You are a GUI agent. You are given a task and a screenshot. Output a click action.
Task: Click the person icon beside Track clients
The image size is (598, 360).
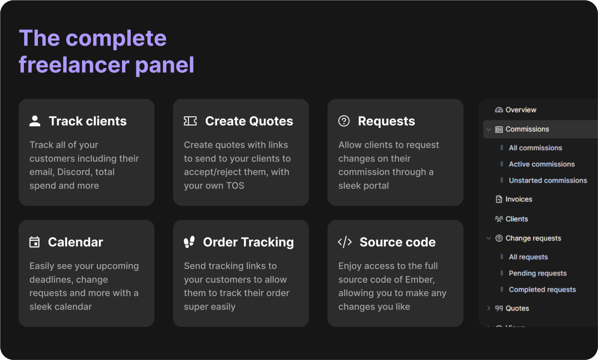click(35, 121)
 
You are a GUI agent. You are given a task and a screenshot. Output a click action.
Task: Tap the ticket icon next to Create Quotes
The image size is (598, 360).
click(190, 121)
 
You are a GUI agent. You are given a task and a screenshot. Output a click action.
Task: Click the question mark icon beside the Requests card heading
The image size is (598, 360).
click(344, 121)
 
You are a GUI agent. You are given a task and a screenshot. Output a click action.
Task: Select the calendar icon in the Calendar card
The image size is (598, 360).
click(35, 242)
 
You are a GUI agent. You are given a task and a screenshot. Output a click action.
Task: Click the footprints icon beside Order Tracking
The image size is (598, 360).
click(189, 242)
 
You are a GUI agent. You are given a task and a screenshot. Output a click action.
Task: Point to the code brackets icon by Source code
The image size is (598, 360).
click(345, 242)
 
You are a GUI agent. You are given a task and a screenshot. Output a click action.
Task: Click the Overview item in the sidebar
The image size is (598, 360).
click(520, 110)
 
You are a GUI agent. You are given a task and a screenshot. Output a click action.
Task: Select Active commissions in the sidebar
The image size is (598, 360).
click(542, 164)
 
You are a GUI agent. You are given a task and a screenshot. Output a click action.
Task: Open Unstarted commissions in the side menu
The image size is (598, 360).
click(548, 180)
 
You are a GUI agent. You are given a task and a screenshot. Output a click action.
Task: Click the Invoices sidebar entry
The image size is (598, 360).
click(519, 199)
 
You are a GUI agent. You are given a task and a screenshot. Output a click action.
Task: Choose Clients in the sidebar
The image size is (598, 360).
click(516, 219)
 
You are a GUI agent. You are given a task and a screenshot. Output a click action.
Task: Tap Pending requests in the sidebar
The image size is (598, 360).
click(538, 273)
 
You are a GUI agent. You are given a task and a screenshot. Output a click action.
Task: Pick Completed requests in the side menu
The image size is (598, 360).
click(542, 290)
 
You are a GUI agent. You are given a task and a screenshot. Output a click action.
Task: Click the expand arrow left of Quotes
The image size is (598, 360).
click(488, 308)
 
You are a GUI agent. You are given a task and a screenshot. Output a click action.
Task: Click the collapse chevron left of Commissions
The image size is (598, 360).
click(489, 129)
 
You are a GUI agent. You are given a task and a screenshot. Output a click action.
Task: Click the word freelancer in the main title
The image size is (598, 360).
click(74, 65)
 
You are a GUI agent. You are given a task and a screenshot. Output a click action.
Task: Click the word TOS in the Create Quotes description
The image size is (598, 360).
click(235, 186)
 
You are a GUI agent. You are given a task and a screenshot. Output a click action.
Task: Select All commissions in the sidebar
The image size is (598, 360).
click(535, 148)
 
